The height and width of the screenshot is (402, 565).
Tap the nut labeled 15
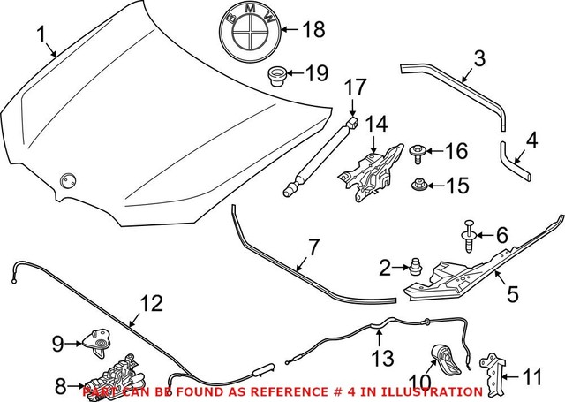click(418, 186)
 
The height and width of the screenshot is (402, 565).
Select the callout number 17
click(354, 87)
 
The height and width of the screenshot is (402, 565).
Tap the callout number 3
click(479, 60)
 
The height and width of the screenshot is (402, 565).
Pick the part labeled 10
click(446, 362)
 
